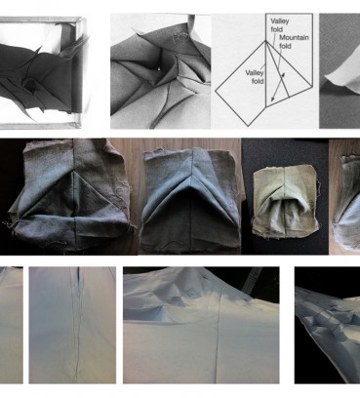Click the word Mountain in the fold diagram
pos(294,38)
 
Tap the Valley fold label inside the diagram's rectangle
pos(279,25)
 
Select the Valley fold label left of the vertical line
pos(255,77)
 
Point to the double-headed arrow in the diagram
pos(278,87)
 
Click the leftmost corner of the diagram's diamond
pos(216,90)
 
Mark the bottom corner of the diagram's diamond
pos(249,126)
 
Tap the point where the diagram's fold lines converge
pos(266,41)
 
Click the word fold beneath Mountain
pos(285,46)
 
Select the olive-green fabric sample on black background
pos(284,202)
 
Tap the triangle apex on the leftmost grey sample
pos(75,172)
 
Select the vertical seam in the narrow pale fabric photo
pos(77,325)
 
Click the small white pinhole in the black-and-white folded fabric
pos(159,68)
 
